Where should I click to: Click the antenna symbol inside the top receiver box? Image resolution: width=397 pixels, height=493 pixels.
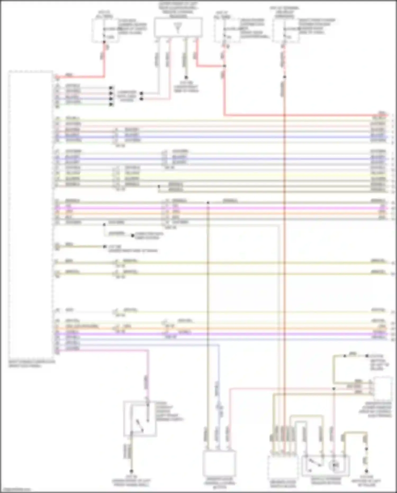point(178,28)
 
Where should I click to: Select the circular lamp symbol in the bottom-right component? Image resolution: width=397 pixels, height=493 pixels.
point(335,465)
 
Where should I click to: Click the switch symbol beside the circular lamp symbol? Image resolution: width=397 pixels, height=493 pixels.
point(314,462)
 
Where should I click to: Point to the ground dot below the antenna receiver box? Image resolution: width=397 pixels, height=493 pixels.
point(186,77)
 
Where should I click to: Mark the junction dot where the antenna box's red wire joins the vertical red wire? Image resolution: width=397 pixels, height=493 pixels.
point(224,66)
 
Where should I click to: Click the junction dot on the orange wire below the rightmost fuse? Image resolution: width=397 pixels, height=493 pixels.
point(285,77)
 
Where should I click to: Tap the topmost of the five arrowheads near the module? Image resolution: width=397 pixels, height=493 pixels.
point(111,87)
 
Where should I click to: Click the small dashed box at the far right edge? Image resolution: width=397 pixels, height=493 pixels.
point(382,389)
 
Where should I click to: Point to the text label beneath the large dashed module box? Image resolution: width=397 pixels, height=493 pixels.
point(32,363)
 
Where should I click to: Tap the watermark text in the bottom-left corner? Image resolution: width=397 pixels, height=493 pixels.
point(15,490)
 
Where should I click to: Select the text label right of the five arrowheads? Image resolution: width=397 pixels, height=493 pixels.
point(127,96)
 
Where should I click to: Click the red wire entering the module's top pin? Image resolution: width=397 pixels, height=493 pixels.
point(79,77)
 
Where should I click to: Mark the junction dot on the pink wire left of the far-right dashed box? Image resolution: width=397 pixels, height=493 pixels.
point(334,389)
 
